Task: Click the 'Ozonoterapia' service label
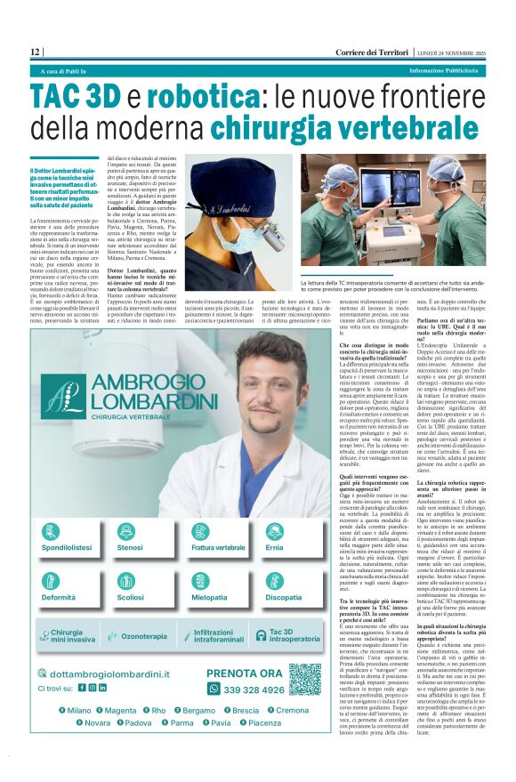click(x=144, y=636)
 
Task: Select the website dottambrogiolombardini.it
click(x=121, y=673)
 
